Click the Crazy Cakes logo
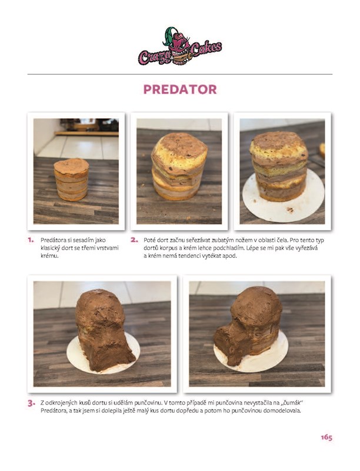tap(180, 47)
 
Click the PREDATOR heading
tap(180, 89)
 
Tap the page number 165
tap(326, 437)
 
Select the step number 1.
tap(31, 240)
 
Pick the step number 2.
tap(134, 240)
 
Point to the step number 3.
tap(32, 403)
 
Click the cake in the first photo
tap(71, 180)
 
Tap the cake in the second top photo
tap(179, 166)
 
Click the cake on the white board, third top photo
tap(279, 166)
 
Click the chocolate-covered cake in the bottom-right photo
tap(248, 326)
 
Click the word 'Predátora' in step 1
tap(52, 240)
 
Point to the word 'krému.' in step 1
tap(49, 256)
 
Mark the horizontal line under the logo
tap(180, 74)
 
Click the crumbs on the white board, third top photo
tap(290, 210)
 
